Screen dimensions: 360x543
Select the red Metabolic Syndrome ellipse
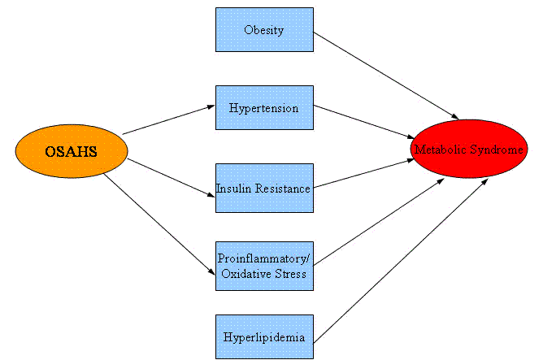point(468,150)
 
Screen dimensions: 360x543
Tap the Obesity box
point(264,30)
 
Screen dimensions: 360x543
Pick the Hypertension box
point(264,107)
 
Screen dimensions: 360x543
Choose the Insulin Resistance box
point(264,189)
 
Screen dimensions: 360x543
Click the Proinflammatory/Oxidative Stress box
point(264,266)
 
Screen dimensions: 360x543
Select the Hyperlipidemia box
point(264,336)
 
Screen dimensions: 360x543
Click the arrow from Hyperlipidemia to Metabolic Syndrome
point(398,258)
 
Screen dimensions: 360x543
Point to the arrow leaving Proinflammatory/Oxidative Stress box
point(378,221)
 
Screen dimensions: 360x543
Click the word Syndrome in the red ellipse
point(493,150)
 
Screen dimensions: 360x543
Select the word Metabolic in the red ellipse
point(440,150)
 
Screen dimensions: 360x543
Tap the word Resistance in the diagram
point(281,189)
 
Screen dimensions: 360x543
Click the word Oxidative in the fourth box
point(246,274)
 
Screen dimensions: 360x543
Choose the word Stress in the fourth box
point(291,274)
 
